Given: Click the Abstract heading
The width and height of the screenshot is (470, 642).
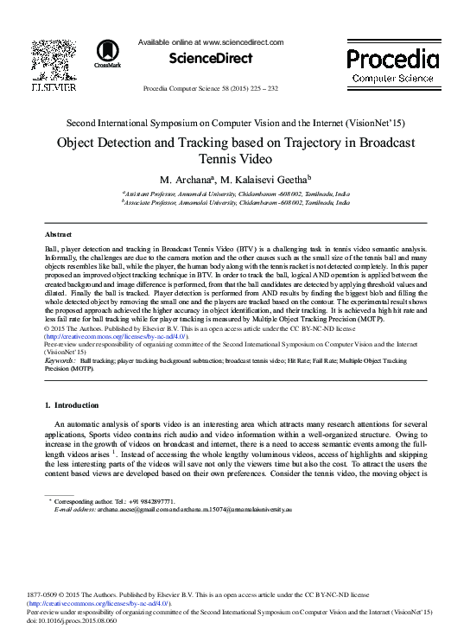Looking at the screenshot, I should pos(57,234).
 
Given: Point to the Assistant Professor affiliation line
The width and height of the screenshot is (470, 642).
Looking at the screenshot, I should pos(235,194).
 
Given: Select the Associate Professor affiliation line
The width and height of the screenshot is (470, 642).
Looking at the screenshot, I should pos(235,201).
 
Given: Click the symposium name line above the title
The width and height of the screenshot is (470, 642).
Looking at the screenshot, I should pos(234,124).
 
